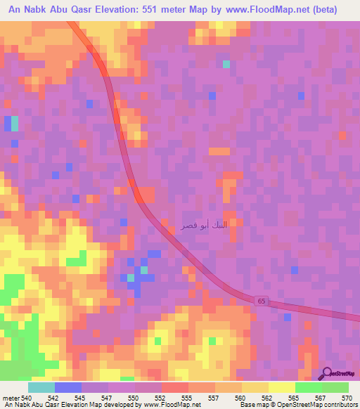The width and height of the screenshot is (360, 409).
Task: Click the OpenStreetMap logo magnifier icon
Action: point(327,374)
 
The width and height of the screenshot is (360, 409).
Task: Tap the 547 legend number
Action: point(108,398)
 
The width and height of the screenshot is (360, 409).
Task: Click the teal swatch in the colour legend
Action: point(41,387)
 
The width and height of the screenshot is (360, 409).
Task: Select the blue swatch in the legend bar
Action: point(68,387)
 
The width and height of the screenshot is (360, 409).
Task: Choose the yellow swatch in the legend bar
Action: point(282,387)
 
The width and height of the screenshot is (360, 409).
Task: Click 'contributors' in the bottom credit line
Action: point(341,405)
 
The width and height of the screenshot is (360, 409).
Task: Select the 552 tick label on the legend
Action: point(161,398)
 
